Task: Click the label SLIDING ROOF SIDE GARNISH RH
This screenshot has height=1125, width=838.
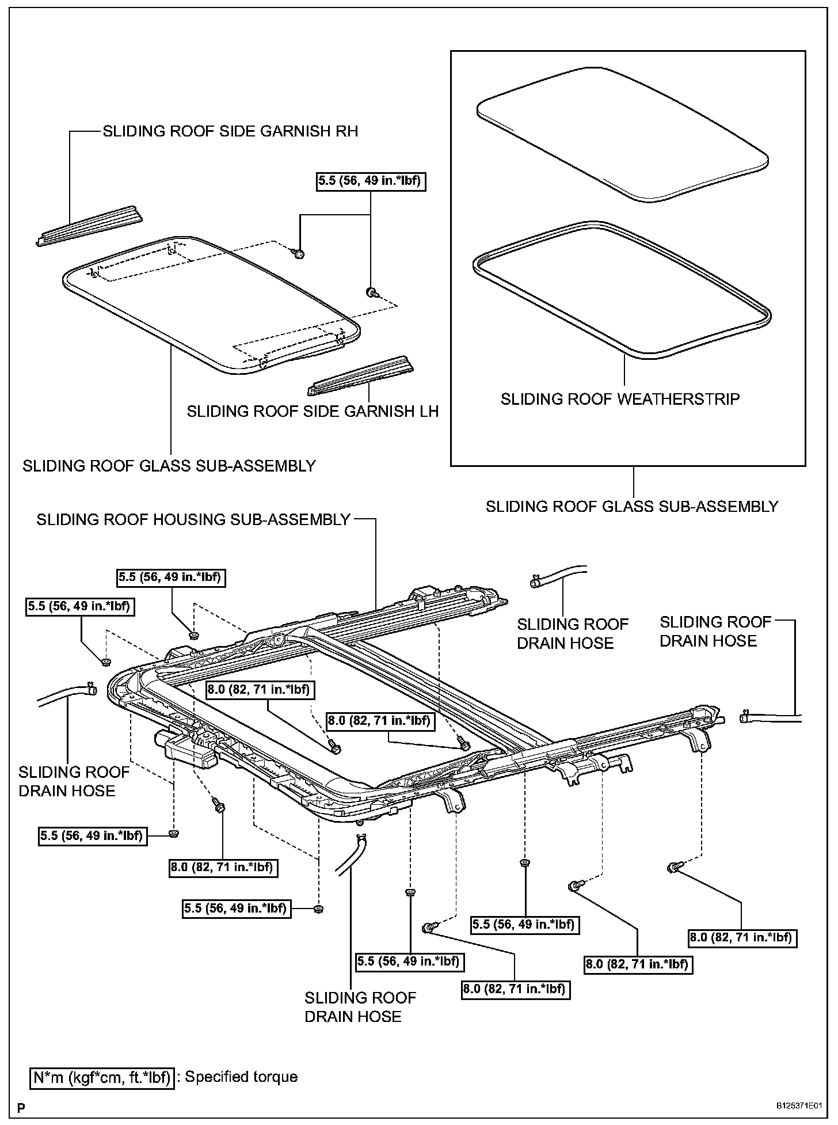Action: [230, 131]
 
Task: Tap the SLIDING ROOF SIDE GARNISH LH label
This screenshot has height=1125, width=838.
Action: [313, 411]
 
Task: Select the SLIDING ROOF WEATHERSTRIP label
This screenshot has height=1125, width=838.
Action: [620, 399]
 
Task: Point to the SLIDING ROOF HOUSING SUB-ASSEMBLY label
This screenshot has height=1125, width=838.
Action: [193, 519]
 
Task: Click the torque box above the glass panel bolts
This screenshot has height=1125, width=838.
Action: [371, 181]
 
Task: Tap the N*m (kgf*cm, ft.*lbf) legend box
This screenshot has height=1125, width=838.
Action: [102, 1077]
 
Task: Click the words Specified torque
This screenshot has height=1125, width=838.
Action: [241, 1077]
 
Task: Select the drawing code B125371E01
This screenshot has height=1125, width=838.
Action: [799, 1106]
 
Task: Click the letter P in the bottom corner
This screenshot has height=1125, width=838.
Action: [21, 1107]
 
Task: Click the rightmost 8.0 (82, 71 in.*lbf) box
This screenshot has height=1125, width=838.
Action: [741, 937]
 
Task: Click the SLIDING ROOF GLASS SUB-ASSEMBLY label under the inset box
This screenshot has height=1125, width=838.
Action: [631, 507]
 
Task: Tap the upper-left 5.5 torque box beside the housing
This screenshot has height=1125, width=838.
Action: [80, 606]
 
